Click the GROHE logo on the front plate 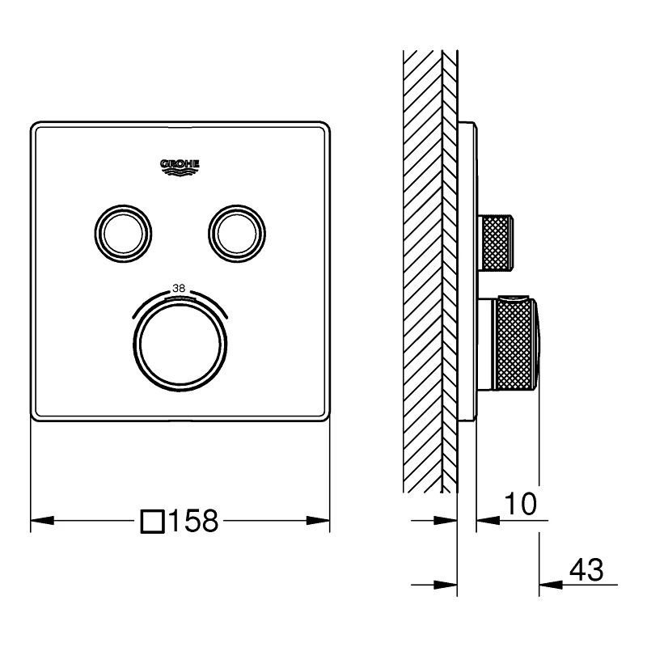point(180,166)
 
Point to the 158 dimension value point(192,522)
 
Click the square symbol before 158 point(152,522)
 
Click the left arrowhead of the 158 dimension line point(40,522)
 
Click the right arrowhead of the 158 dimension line point(320,522)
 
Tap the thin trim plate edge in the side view point(467,267)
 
